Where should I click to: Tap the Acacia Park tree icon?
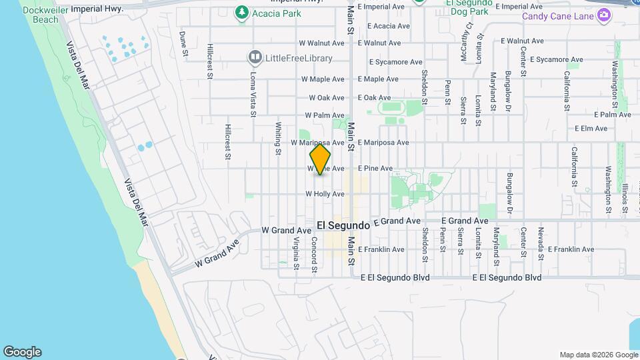(x=241, y=13)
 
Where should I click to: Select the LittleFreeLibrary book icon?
(x=255, y=57)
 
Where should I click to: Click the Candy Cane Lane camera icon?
(x=604, y=15)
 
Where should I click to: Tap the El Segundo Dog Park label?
(x=469, y=7)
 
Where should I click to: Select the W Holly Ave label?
(x=325, y=194)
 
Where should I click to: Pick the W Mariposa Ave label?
(x=317, y=143)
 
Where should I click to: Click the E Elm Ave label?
(x=593, y=128)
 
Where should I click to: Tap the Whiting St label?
(x=278, y=138)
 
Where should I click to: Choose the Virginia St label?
(x=296, y=254)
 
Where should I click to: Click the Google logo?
(x=22, y=352)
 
